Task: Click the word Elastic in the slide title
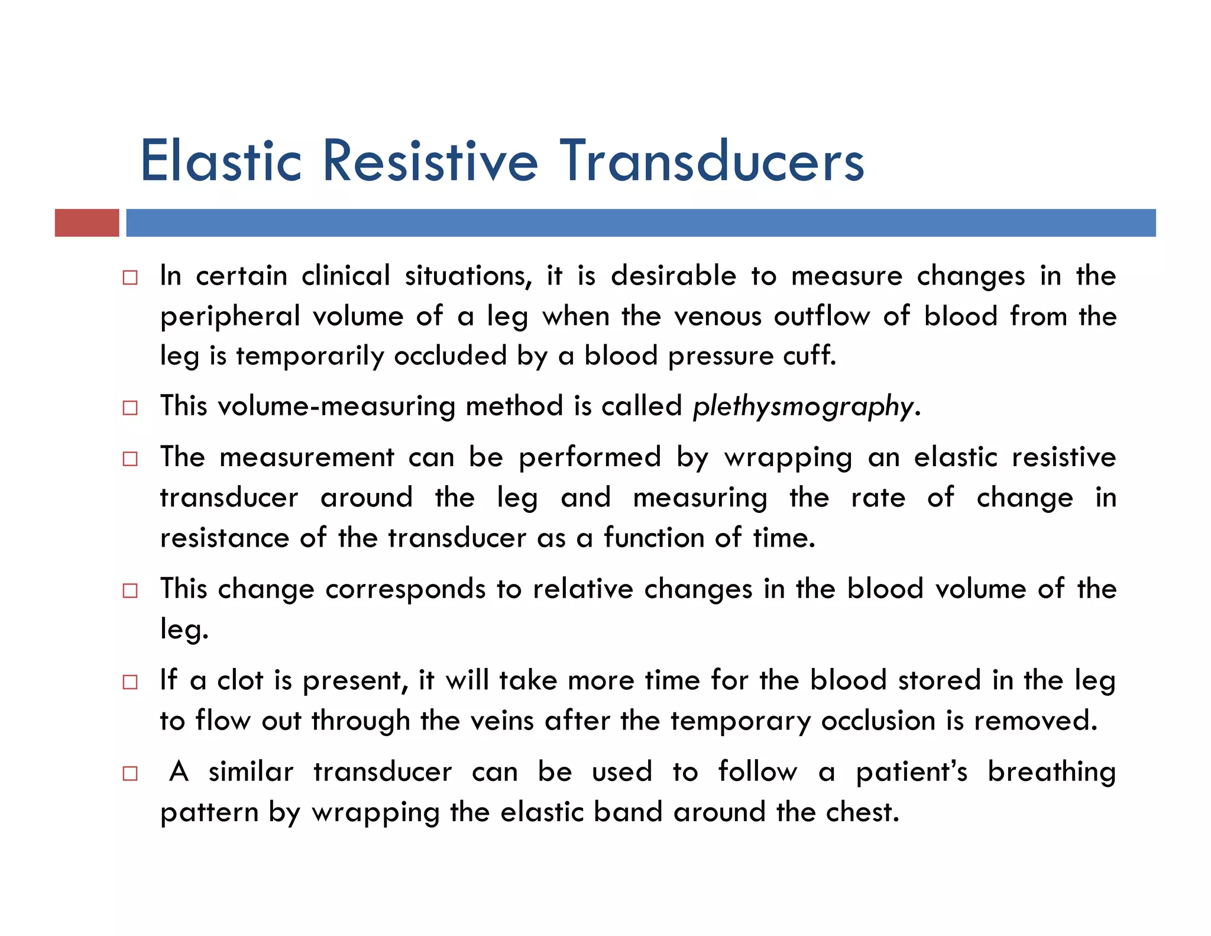tap(221, 161)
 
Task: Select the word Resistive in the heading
tap(430, 161)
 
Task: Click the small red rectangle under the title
tap(87, 223)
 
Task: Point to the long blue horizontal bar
tap(640, 223)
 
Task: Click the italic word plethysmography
tap(803, 407)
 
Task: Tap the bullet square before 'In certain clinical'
tap(130, 277)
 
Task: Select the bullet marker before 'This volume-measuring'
tap(130, 408)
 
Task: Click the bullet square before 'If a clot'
tap(130, 682)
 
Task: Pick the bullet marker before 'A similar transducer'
tap(130, 773)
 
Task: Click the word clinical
tap(346, 276)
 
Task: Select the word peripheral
tap(230, 317)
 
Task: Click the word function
tap(653, 538)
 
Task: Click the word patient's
tap(911, 773)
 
